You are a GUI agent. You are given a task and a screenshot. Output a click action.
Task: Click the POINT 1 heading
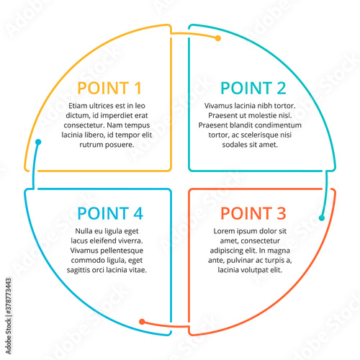pyautogui.click(x=109, y=88)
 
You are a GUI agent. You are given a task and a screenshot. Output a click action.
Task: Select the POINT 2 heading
pyautogui.click(x=253, y=88)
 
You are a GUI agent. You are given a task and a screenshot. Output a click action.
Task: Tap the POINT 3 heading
pyautogui.click(x=253, y=213)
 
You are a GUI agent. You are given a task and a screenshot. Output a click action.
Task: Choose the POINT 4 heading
pyautogui.click(x=110, y=213)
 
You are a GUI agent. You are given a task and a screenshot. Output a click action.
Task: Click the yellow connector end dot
pyautogui.click(x=218, y=38)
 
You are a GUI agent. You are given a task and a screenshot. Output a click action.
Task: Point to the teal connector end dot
pyautogui.click(x=322, y=218)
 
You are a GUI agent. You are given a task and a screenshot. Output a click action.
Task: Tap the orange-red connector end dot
pyautogui.click(x=142, y=322)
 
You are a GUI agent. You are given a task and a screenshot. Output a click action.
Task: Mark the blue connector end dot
pyautogui.click(x=38, y=142)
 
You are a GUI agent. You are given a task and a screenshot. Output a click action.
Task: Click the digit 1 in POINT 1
pyautogui.click(x=138, y=88)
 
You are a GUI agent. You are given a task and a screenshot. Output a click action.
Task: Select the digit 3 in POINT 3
pyautogui.click(x=282, y=213)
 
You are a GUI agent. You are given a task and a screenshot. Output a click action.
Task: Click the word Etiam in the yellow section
pyautogui.click(x=78, y=106)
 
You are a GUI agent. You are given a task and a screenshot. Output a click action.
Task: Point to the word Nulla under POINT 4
pyautogui.click(x=84, y=231)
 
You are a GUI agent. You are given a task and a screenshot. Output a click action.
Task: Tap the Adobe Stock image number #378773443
pyautogui.click(x=9, y=296)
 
